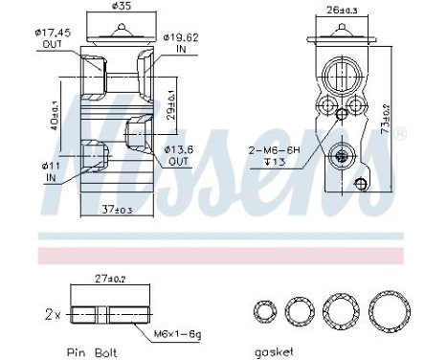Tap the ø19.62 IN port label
coord(181,44)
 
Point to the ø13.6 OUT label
coord(182,155)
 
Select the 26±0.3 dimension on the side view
coord(344,11)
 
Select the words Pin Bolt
coord(94,350)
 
